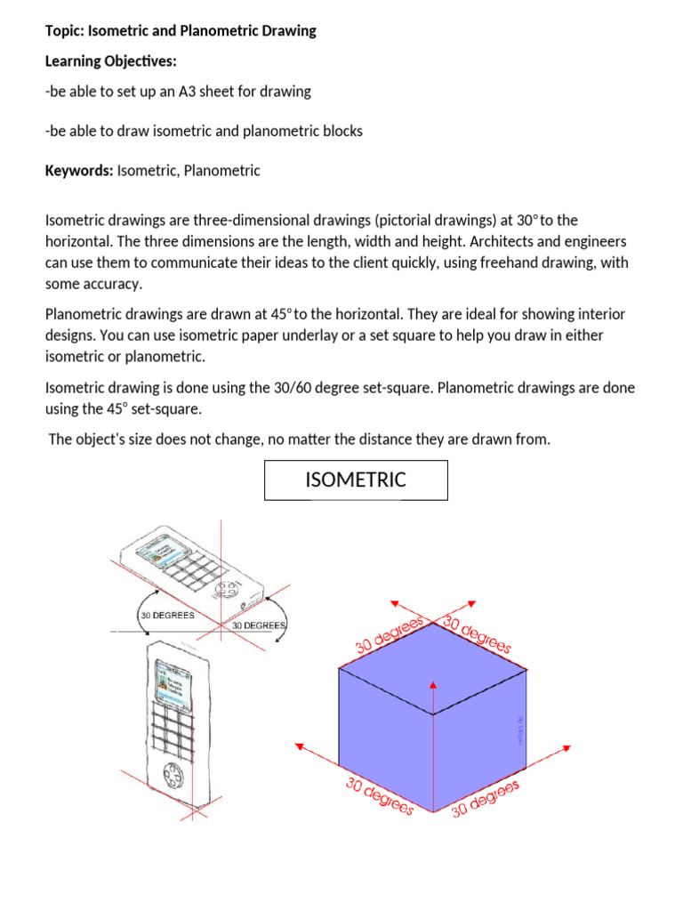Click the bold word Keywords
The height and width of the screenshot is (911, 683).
pos(79,170)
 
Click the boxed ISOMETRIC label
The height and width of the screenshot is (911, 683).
pos(356,480)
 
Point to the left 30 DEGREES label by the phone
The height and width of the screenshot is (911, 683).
pos(166,615)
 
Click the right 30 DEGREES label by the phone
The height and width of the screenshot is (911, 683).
pos(258,625)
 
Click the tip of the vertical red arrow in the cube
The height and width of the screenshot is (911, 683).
pos(433,684)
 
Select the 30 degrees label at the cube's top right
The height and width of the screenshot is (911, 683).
pos(478,634)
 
